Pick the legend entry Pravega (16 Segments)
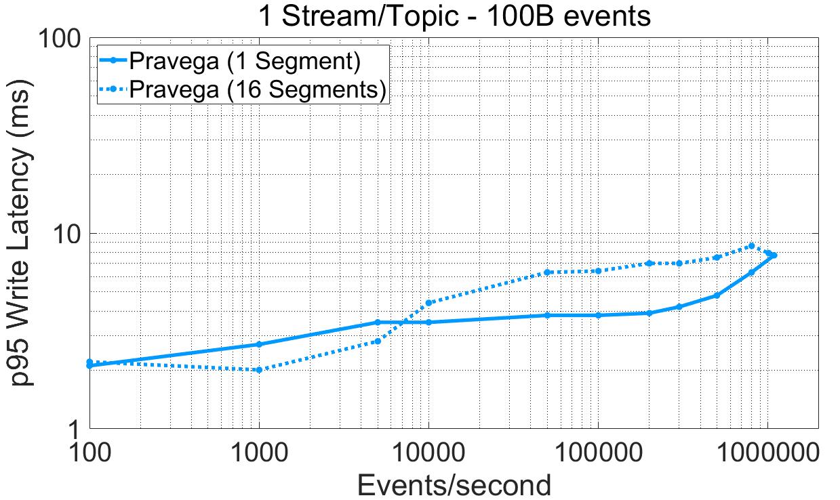pos(258,89)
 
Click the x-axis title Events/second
pos(454,485)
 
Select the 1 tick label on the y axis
pos(76,428)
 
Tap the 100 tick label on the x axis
pos(89,451)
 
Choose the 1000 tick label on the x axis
pos(259,451)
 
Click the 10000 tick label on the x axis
pos(428,451)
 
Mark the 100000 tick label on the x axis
pos(598,451)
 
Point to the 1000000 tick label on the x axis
pos(767,451)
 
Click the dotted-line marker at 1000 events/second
pos(259,370)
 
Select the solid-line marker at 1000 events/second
pos(259,344)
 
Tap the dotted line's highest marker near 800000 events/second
pos(751,246)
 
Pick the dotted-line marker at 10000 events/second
pos(428,303)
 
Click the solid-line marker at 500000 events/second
pos(717,295)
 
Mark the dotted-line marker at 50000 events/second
pos(547,272)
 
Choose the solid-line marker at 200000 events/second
pos(649,313)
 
